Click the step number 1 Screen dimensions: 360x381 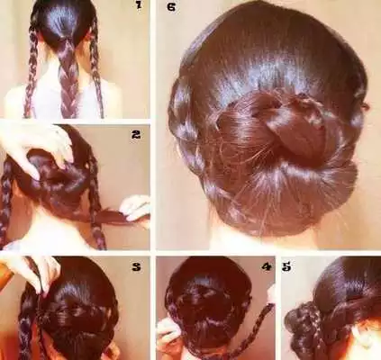click(x=138, y=7)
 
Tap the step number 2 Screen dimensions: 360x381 click(x=135, y=136)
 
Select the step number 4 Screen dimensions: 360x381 click(x=266, y=267)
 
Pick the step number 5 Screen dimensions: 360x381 click(x=286, y=267)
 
